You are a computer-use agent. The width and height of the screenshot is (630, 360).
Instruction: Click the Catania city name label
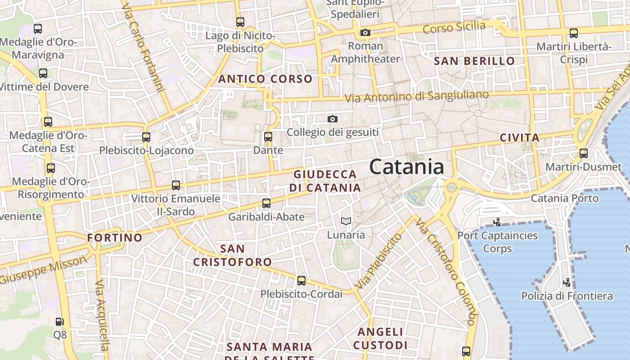coord(406,167)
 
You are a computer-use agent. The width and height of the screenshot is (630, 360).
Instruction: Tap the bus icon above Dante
coord(268,136)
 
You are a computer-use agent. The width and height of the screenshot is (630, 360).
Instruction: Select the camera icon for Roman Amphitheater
coord(365,32)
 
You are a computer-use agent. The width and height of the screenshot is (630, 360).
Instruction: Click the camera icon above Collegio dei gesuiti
coord(333,119)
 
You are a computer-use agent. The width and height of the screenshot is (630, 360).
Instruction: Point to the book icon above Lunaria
coord(346,221)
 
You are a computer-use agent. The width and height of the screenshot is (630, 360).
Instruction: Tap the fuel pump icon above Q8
coord(59,321)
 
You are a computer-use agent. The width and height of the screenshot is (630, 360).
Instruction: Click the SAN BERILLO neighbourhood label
coord(474,61)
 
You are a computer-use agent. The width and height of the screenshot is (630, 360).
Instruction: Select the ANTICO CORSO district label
coord(265,79)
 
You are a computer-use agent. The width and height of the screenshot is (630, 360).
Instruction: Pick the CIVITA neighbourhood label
coord(519,138)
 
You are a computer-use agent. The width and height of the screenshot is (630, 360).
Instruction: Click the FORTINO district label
coord(115,237)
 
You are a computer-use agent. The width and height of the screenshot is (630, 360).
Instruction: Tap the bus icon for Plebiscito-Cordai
coord(301,280)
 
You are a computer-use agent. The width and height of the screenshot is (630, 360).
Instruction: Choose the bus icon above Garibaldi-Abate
coord(266,203)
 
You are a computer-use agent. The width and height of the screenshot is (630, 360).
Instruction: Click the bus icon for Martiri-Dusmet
coord(584,153)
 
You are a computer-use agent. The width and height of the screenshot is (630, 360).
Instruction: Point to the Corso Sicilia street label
coord(454,27)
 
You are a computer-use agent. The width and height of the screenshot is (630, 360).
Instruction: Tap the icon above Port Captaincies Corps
coord(497,221)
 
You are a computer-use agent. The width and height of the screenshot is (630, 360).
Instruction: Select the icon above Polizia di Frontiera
coord(567,282)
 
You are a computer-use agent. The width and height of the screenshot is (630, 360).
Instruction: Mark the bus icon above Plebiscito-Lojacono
coord(146,137)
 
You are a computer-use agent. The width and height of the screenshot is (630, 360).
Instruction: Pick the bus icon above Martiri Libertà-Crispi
coord(574,33)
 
